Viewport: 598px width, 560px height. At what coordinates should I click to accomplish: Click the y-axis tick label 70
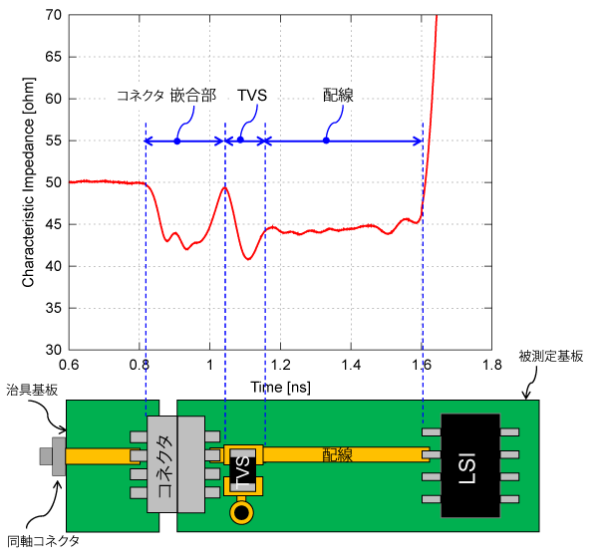tap(54, 15)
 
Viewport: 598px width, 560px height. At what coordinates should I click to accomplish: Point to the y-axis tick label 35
tap(54, 308)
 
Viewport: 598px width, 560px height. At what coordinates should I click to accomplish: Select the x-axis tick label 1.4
tap(351, 365)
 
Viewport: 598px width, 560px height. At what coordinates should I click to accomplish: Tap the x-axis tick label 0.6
tap(69, 365)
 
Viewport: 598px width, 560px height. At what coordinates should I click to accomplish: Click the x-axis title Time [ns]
tap(280, 388)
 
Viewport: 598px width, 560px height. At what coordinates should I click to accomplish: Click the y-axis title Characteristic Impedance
tap(28, 182)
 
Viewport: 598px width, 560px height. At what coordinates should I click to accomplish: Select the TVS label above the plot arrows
tap(252, 96)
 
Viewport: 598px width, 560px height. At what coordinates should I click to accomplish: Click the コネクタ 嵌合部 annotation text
tap(166, 96)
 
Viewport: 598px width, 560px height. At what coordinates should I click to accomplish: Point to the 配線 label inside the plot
tap(338, 96)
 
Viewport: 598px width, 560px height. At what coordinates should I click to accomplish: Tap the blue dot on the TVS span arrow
tap(240, 140)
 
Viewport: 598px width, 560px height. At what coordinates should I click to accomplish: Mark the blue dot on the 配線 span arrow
tap(326, 140)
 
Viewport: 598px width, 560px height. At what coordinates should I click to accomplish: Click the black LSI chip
tap(470, 465)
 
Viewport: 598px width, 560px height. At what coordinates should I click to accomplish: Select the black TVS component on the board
tap(242, 469)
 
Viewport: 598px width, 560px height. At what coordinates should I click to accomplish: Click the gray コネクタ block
tap(175, 464)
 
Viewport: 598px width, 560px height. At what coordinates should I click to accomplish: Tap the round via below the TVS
tap(241, 513)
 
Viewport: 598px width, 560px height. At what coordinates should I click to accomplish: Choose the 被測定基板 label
tap(551, 357)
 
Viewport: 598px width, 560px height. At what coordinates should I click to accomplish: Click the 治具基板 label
tap(32, 390)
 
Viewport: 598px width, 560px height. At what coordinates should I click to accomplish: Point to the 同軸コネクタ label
tap(43, 541)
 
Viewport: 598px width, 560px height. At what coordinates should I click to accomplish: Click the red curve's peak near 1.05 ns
tap(225, 187)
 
